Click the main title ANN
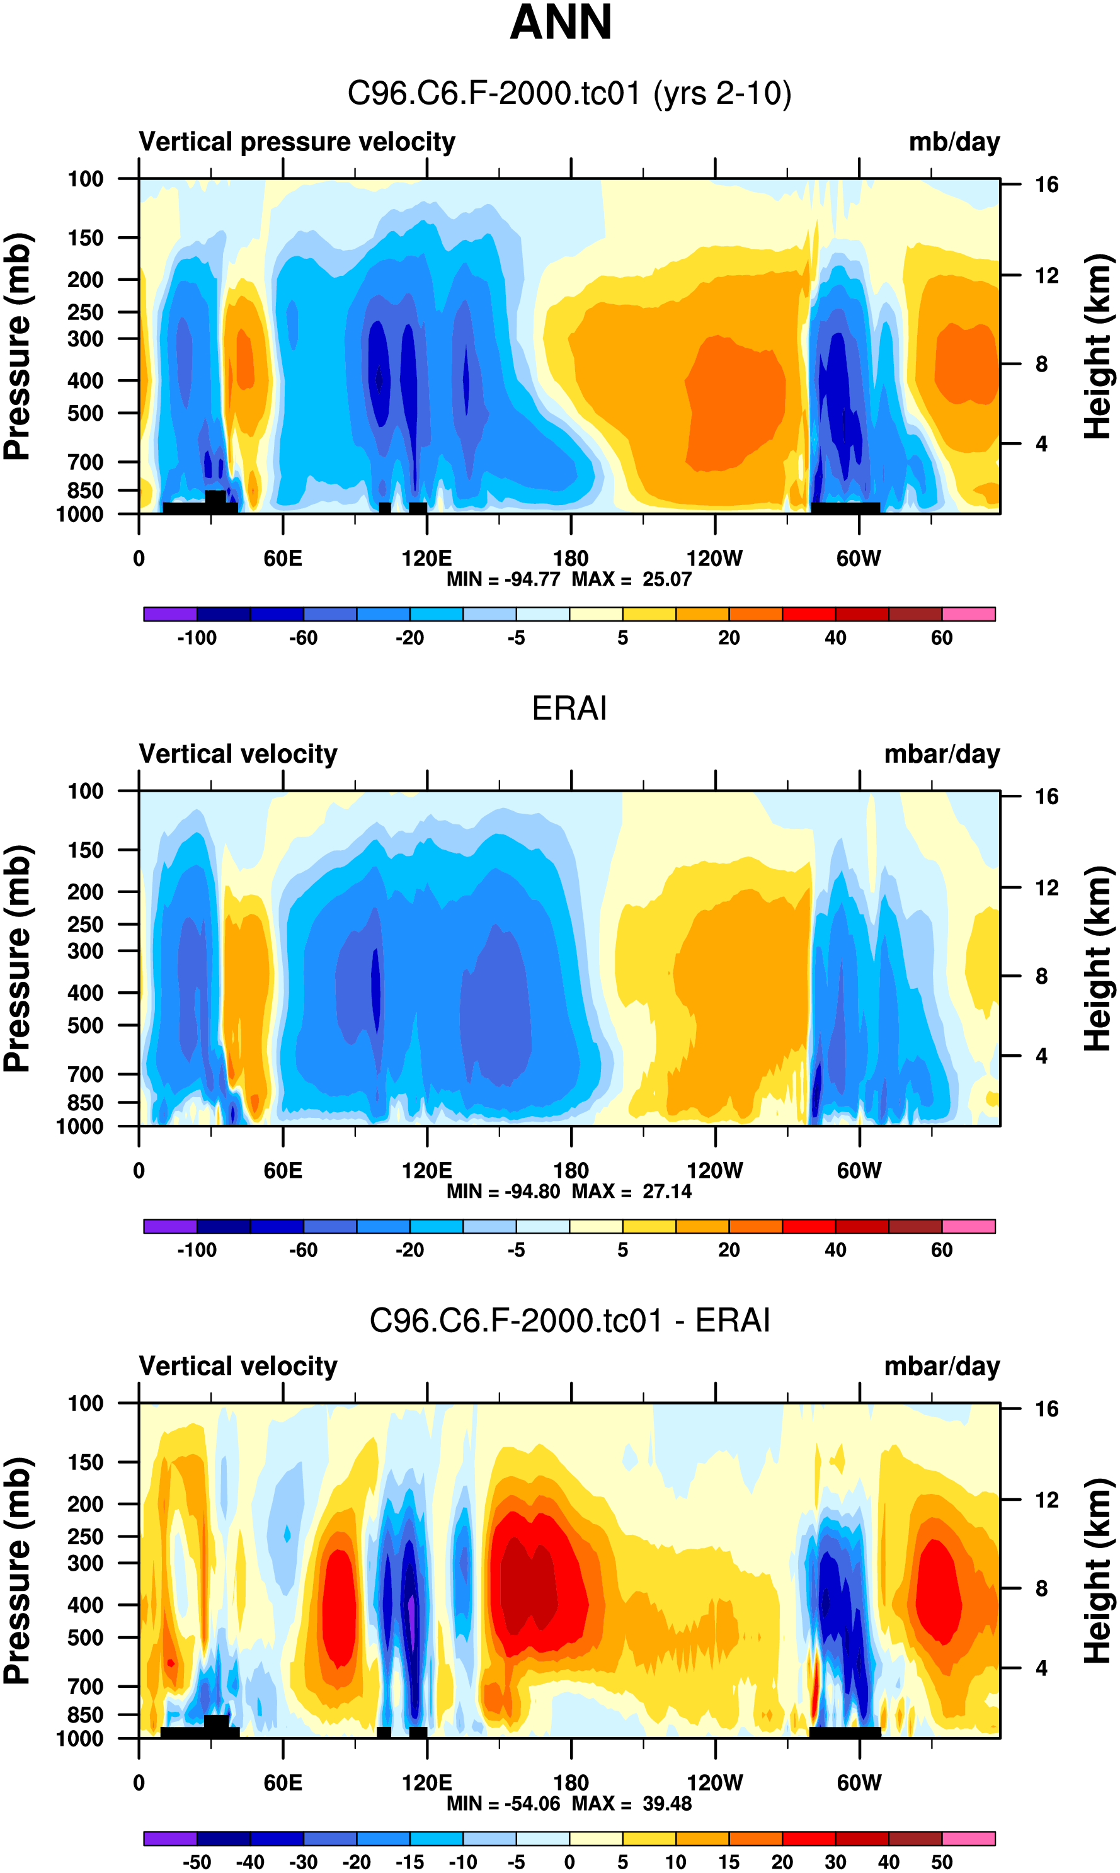pos(561,23)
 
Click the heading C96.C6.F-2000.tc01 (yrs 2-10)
pos(569,94)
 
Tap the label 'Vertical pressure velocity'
pos(297,142)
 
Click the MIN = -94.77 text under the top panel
pos(503,579)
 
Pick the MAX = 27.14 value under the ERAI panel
pos(632,1191)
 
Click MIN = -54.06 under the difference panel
pos(503,1803)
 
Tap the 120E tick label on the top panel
pos(426,559)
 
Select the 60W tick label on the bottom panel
pos(859,1782)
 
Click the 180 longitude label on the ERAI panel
pos(571,1171)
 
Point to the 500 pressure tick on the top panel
pos(85,413)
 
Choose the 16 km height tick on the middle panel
pos(1046,797)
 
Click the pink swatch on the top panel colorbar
pos(968,614)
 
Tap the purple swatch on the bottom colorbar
pos(170,1838)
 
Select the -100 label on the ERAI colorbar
pos(197,1250)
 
